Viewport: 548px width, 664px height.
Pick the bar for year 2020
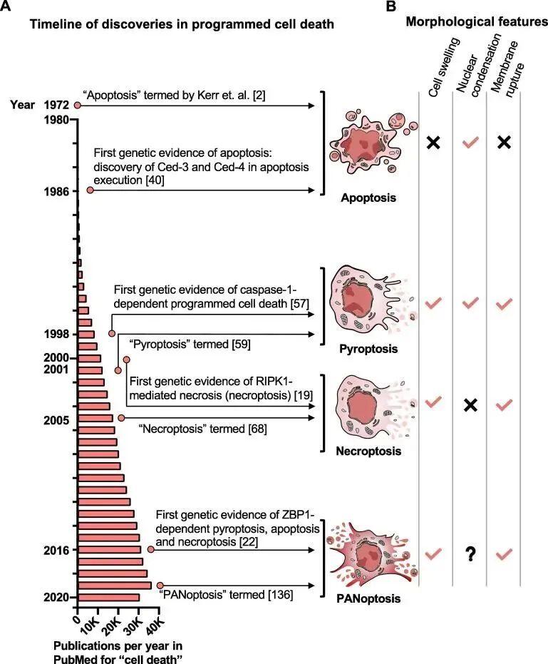click(108, 597)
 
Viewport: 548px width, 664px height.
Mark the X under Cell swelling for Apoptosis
click(433, 142)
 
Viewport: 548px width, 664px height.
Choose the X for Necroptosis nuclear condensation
click(469, 404)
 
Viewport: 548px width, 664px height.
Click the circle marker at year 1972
click(77, 106)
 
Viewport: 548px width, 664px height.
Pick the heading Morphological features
click(477, 22)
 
